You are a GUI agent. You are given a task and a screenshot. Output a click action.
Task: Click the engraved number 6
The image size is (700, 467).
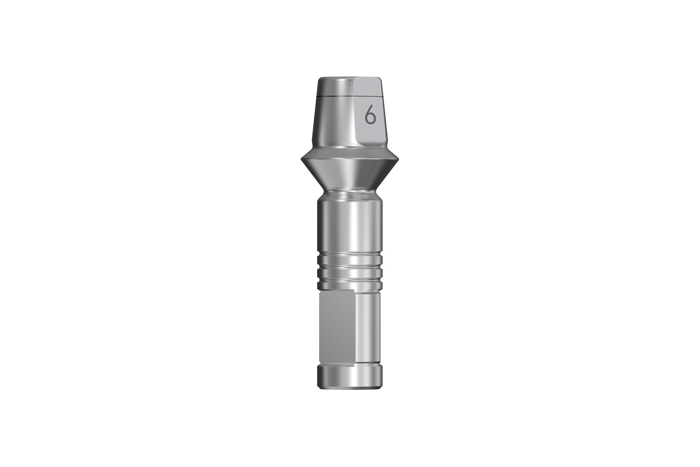(x=370, y=116)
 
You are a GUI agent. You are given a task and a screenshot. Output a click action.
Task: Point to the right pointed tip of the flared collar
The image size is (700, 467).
(x=399, y=159)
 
